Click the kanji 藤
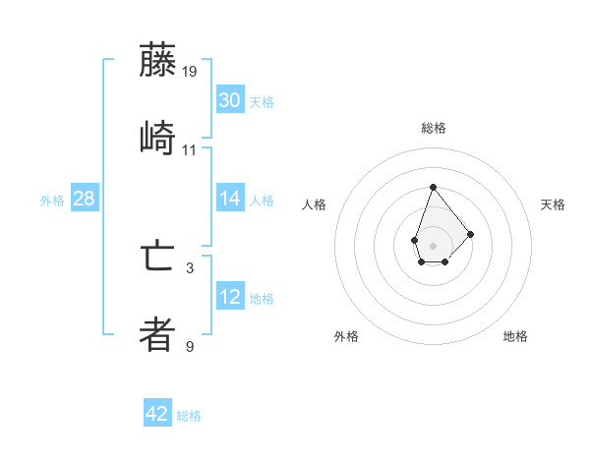[157, 61]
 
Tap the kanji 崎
[157, 138]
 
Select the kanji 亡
[157, 258]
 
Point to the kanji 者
[157, 334]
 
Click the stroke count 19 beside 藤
[191, 72]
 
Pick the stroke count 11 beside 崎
[190, 150]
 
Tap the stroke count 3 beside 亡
[190, 267]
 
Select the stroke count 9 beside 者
[190, 346]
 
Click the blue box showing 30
[230, 100]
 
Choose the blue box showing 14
[230, 199]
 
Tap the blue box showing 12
[230, 297]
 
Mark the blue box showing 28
[85, 199]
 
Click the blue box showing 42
[157, 414]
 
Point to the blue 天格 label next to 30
[262, 102]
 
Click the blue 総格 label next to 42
[189, 416]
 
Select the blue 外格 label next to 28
[52, 201]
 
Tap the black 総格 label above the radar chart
[433, 128]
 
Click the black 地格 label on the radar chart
[515, 336]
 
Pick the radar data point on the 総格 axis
[433, 187]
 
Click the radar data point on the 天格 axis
[471, 234]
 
